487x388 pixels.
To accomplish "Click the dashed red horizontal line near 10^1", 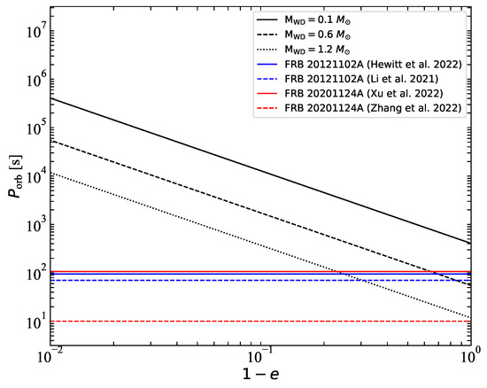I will pos(266,321).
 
